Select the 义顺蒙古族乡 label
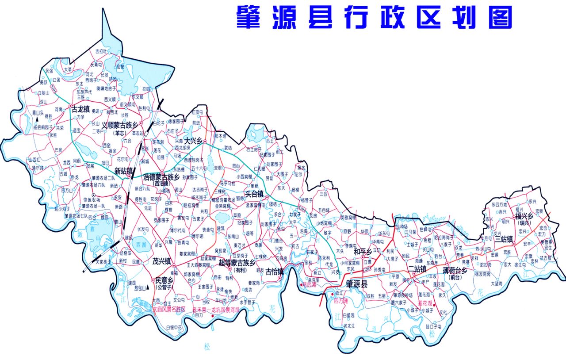pyautogui.click(x=119, y=125)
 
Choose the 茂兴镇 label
pyautogui.click(x=161, y=261)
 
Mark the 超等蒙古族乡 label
pyautogui.click(x=237, y=263)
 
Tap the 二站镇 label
pyautogui.click(x=417, y=268)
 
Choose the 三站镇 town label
pyautogui.click(x=503, y=239)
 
